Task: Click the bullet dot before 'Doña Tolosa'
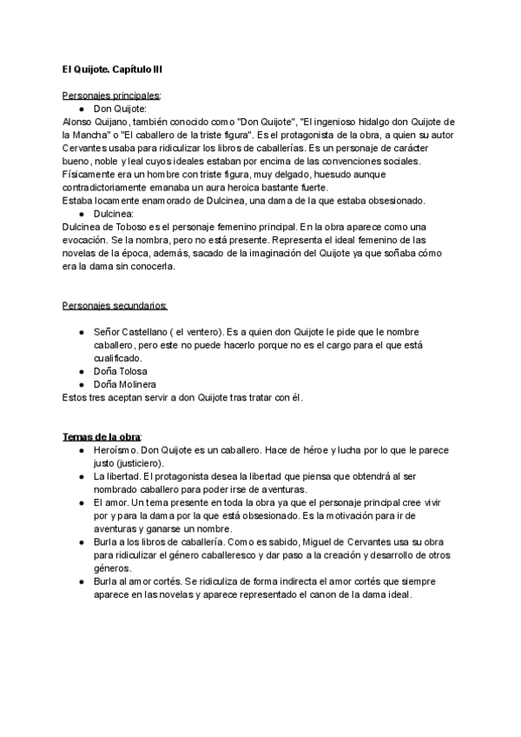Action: [80, 371]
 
